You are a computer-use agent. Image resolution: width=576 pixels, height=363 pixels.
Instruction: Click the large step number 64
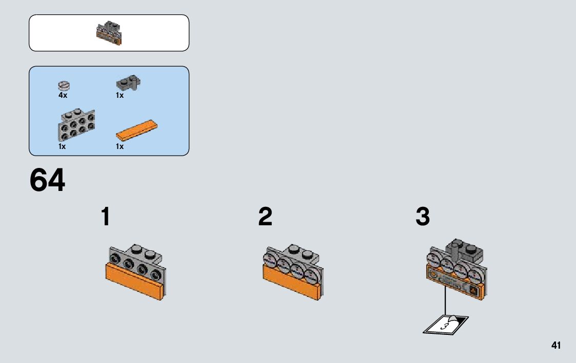click(x=47, y=180)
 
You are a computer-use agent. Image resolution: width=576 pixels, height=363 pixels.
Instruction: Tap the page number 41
click(x=556, y=346)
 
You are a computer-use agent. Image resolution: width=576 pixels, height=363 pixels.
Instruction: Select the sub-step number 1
click(x=106, y=217)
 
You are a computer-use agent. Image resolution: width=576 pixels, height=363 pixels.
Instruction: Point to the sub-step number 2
click(x=265, y=217)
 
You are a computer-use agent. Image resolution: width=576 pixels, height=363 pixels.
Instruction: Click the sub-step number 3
click(x=423, y=217)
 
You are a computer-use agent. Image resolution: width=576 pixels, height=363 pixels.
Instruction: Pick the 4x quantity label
click(x=63, y=95)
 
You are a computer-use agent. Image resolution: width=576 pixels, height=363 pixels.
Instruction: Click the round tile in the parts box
click(x=64, y=86)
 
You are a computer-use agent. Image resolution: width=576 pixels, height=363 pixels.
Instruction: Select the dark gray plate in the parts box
click(x=129, y=84)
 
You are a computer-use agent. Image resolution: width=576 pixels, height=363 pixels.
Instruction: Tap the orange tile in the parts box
click(x=136, y=131)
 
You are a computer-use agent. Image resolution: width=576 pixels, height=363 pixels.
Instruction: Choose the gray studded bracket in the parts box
click(x=76, y=124)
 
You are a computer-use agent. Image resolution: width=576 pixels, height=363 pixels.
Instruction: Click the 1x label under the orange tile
click(x=120, y=146)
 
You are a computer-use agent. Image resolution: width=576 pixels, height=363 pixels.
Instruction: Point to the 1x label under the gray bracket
click(x=62, y=146)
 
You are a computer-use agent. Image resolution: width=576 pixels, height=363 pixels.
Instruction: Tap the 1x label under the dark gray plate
click(x=120, y=95)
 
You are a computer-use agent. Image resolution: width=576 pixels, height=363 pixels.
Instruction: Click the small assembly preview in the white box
click(x=109, y=33)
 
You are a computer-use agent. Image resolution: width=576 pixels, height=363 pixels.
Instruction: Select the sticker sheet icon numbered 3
click(x=446, y=325)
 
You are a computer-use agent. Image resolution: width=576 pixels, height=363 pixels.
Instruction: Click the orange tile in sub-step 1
click(x=134, y=282)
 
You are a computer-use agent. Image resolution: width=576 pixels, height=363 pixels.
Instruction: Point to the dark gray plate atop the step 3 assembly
click(x=465, y=250)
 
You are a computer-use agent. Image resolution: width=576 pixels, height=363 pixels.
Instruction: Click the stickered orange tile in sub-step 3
click(x=455, y=282)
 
